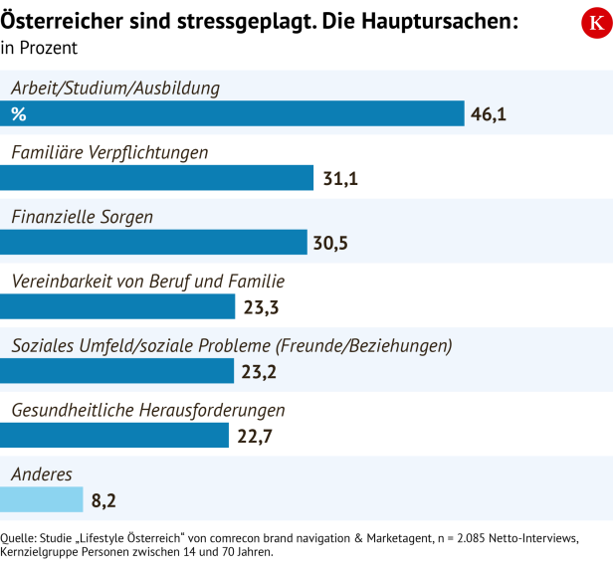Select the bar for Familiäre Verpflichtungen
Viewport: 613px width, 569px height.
click(x=156, y=178)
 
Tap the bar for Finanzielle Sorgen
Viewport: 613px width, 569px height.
click(x=153, y=243)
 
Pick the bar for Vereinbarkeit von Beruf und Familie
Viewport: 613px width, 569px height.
click(x=117, y=306)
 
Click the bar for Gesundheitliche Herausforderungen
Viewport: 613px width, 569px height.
click(x=115, y=435)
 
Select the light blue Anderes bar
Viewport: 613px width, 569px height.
click(x=41, y=499)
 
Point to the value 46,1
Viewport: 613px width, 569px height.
click(x=489, y=114)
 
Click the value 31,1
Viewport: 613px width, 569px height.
click(x=340, y=179)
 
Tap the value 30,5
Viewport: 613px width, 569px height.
click(x=333, y=244)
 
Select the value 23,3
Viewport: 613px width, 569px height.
click(x=260, y=307)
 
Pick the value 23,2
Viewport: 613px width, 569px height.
click(x=258, y=372)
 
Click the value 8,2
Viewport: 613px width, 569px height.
click(x=103, y=500)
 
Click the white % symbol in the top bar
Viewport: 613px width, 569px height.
click(x=18, y=113)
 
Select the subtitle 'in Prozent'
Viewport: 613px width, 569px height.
click(x=39, y=47)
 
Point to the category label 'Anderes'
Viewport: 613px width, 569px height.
click(x=42, y=474)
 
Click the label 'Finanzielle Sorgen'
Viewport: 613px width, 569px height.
click(x=82, y=217)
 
